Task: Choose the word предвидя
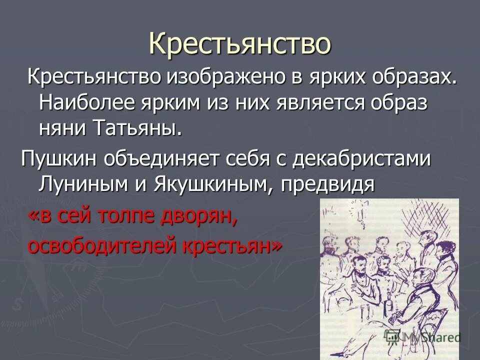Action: coord(327,184)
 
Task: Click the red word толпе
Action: coord(135,216)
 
